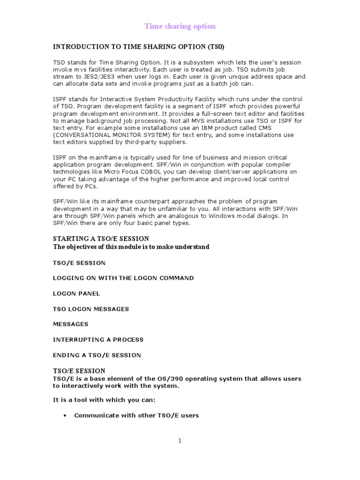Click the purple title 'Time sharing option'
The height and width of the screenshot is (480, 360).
coord(180,27)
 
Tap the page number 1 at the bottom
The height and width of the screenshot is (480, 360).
coord(180,440)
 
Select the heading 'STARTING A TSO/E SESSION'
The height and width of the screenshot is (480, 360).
coord(102,239)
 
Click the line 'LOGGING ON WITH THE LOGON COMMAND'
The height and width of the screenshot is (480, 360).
coord(123,278)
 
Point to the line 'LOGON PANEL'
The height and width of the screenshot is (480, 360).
coord(76,293)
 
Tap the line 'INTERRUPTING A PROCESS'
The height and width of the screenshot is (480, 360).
coord(97,339)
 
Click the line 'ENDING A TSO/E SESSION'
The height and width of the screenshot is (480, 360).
coord(97,355)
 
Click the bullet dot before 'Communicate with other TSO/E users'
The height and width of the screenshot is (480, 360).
coord(64,415)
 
